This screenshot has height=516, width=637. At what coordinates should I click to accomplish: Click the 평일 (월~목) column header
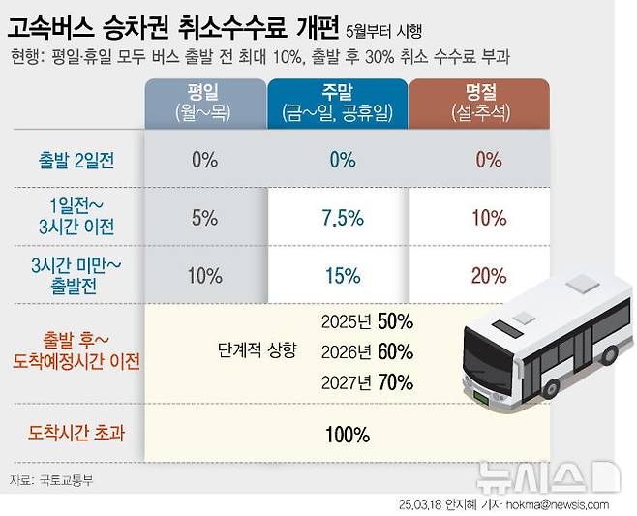[x=204, y=104]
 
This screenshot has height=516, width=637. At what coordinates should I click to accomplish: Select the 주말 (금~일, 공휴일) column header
[x=337, y=104]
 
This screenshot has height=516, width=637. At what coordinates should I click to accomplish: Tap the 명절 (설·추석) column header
[x=480, y=104]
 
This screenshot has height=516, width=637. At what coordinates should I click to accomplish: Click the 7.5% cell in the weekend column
[x=343, y=218]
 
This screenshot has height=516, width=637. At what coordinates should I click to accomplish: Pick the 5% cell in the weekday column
[x=204, y=218]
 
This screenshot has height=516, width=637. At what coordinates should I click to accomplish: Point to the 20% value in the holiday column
[x=489, y=276]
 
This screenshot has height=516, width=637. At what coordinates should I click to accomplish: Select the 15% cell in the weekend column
[x=343, y=276]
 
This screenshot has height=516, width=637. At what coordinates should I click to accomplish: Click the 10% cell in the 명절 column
[x=489, y=218]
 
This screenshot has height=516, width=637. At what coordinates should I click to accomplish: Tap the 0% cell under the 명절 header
[x=489, y=160]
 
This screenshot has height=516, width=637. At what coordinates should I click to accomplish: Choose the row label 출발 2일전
[x=76, y=161]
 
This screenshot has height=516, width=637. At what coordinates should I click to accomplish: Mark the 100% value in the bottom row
[x=347, y=435]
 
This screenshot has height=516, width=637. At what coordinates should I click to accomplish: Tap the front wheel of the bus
[x=553, y=387]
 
